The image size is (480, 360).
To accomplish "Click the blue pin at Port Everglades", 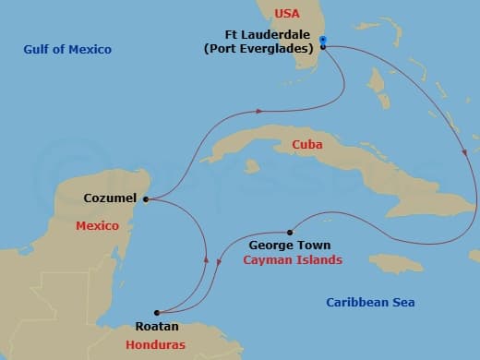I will point(322,41).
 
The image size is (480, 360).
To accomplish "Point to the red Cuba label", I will point(306,145).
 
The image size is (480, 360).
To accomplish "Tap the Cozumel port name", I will point(110,198).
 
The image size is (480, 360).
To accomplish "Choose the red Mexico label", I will point(98,225).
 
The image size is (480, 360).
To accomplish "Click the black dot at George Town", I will point(290,232).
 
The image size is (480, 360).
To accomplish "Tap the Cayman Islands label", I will point(293,260).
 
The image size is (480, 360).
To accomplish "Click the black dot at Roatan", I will point(157,312).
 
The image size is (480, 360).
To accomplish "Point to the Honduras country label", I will point(156,344).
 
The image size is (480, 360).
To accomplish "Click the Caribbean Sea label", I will point(371,302).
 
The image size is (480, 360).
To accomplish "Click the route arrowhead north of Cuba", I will point(258,111).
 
